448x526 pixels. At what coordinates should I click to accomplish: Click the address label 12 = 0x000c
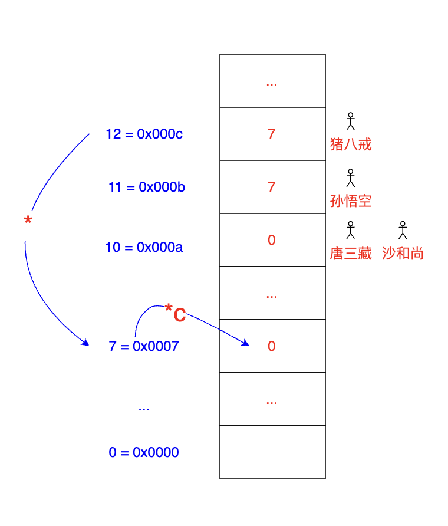point(144,134)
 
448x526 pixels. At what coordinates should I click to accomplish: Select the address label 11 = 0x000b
point(147,188)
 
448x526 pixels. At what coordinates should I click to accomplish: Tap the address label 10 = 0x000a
point(144,247)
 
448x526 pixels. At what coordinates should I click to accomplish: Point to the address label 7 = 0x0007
point(143,346)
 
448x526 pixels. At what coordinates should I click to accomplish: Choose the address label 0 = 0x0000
point(143,453)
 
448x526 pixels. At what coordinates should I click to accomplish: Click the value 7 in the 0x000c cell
point(272,134)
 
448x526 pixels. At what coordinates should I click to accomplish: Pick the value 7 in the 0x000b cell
point(272,187)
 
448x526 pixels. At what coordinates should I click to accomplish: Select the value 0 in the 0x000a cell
point(272,240)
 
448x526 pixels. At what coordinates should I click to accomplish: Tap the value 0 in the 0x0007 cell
point(272,346)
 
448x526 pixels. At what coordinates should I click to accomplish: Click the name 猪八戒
point(351,144)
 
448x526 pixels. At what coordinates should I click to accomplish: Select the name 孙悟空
point(351,201)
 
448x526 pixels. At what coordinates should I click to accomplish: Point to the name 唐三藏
point(351,254)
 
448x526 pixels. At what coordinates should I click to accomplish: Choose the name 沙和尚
point(403,254)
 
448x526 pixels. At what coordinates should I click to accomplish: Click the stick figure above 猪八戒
point(351,121)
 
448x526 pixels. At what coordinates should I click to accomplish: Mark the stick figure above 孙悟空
point(351,177)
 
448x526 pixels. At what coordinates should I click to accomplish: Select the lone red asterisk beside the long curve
point(28,221)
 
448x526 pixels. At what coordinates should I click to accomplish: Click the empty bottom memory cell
point(272,452)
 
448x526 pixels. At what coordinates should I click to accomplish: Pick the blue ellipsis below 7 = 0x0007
point(143,408)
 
